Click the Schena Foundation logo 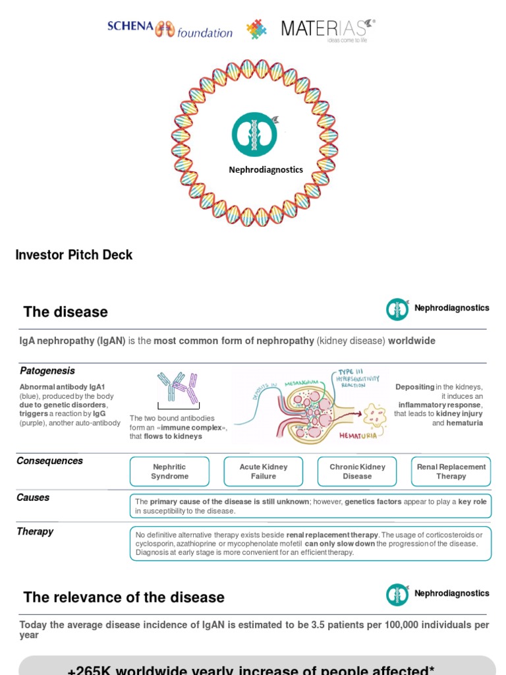coord(170,29)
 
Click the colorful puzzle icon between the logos coord(257,30)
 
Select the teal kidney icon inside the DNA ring coord(254,134)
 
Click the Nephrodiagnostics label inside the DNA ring coord(266,169)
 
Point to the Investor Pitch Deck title coord(74,254)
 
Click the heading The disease coord(65,312)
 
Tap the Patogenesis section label coord(47,370)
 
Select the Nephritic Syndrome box coord(169,471)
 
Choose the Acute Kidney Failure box coord(264,471)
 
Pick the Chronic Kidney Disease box coord(357,471)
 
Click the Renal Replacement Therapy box coord(451,471)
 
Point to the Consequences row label coord(49,461)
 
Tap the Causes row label coord(33,498)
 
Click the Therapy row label coord(35,531)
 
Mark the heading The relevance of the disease coord(124,597)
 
